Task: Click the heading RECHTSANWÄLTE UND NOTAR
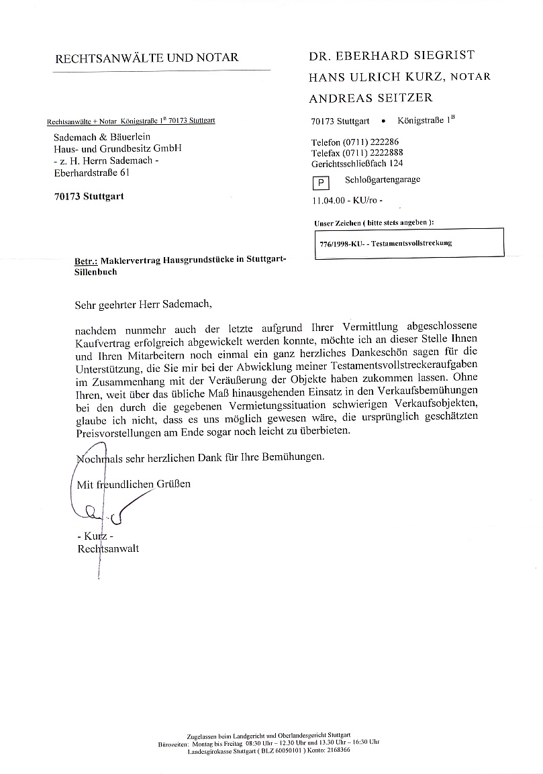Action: [146, 58]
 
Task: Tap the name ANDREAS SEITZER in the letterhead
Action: [371, 98]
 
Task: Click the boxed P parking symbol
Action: [321, 183]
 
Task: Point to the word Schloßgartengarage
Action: [383, 180]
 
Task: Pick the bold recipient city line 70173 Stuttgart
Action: [89, 197]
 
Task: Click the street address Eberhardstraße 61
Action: [91, 173]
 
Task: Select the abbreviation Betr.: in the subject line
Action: [87, 261]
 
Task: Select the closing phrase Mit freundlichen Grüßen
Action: [134, 483]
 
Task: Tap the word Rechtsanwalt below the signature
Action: [109, 548]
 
